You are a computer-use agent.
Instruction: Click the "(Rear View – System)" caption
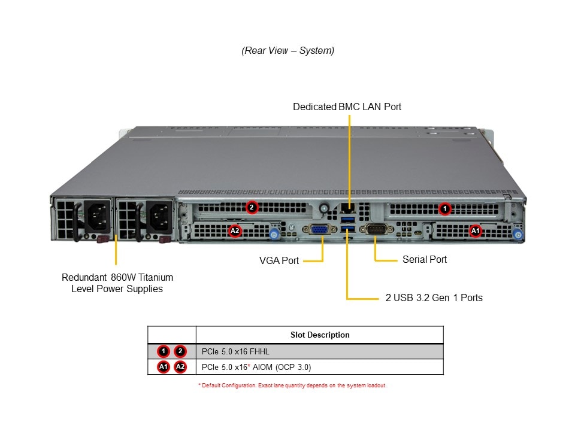click(x=287, y=51)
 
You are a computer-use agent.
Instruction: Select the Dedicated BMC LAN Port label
click(x=347, y=107)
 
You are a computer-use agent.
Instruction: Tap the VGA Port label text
click(x=279, y=261)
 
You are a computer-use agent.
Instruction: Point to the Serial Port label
click(x=425, y=260)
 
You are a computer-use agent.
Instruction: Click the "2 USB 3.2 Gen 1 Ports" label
click(x=434, y=298)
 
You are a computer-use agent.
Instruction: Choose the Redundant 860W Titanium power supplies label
click(x=117, y=283)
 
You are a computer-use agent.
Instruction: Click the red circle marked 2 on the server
click(x=252, y=207)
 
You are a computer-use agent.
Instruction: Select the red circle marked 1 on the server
click(x=444, y=208)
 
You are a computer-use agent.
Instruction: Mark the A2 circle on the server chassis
click(x=235, y=230)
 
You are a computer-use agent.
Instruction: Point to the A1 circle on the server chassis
click(x=476, y=230)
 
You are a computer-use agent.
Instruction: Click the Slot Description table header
click(x=320, y=335)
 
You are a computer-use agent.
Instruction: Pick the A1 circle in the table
click(x=164, y=367)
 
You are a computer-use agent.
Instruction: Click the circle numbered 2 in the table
click(x=180, y=351)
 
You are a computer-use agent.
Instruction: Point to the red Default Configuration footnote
click(x=292, y=386)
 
